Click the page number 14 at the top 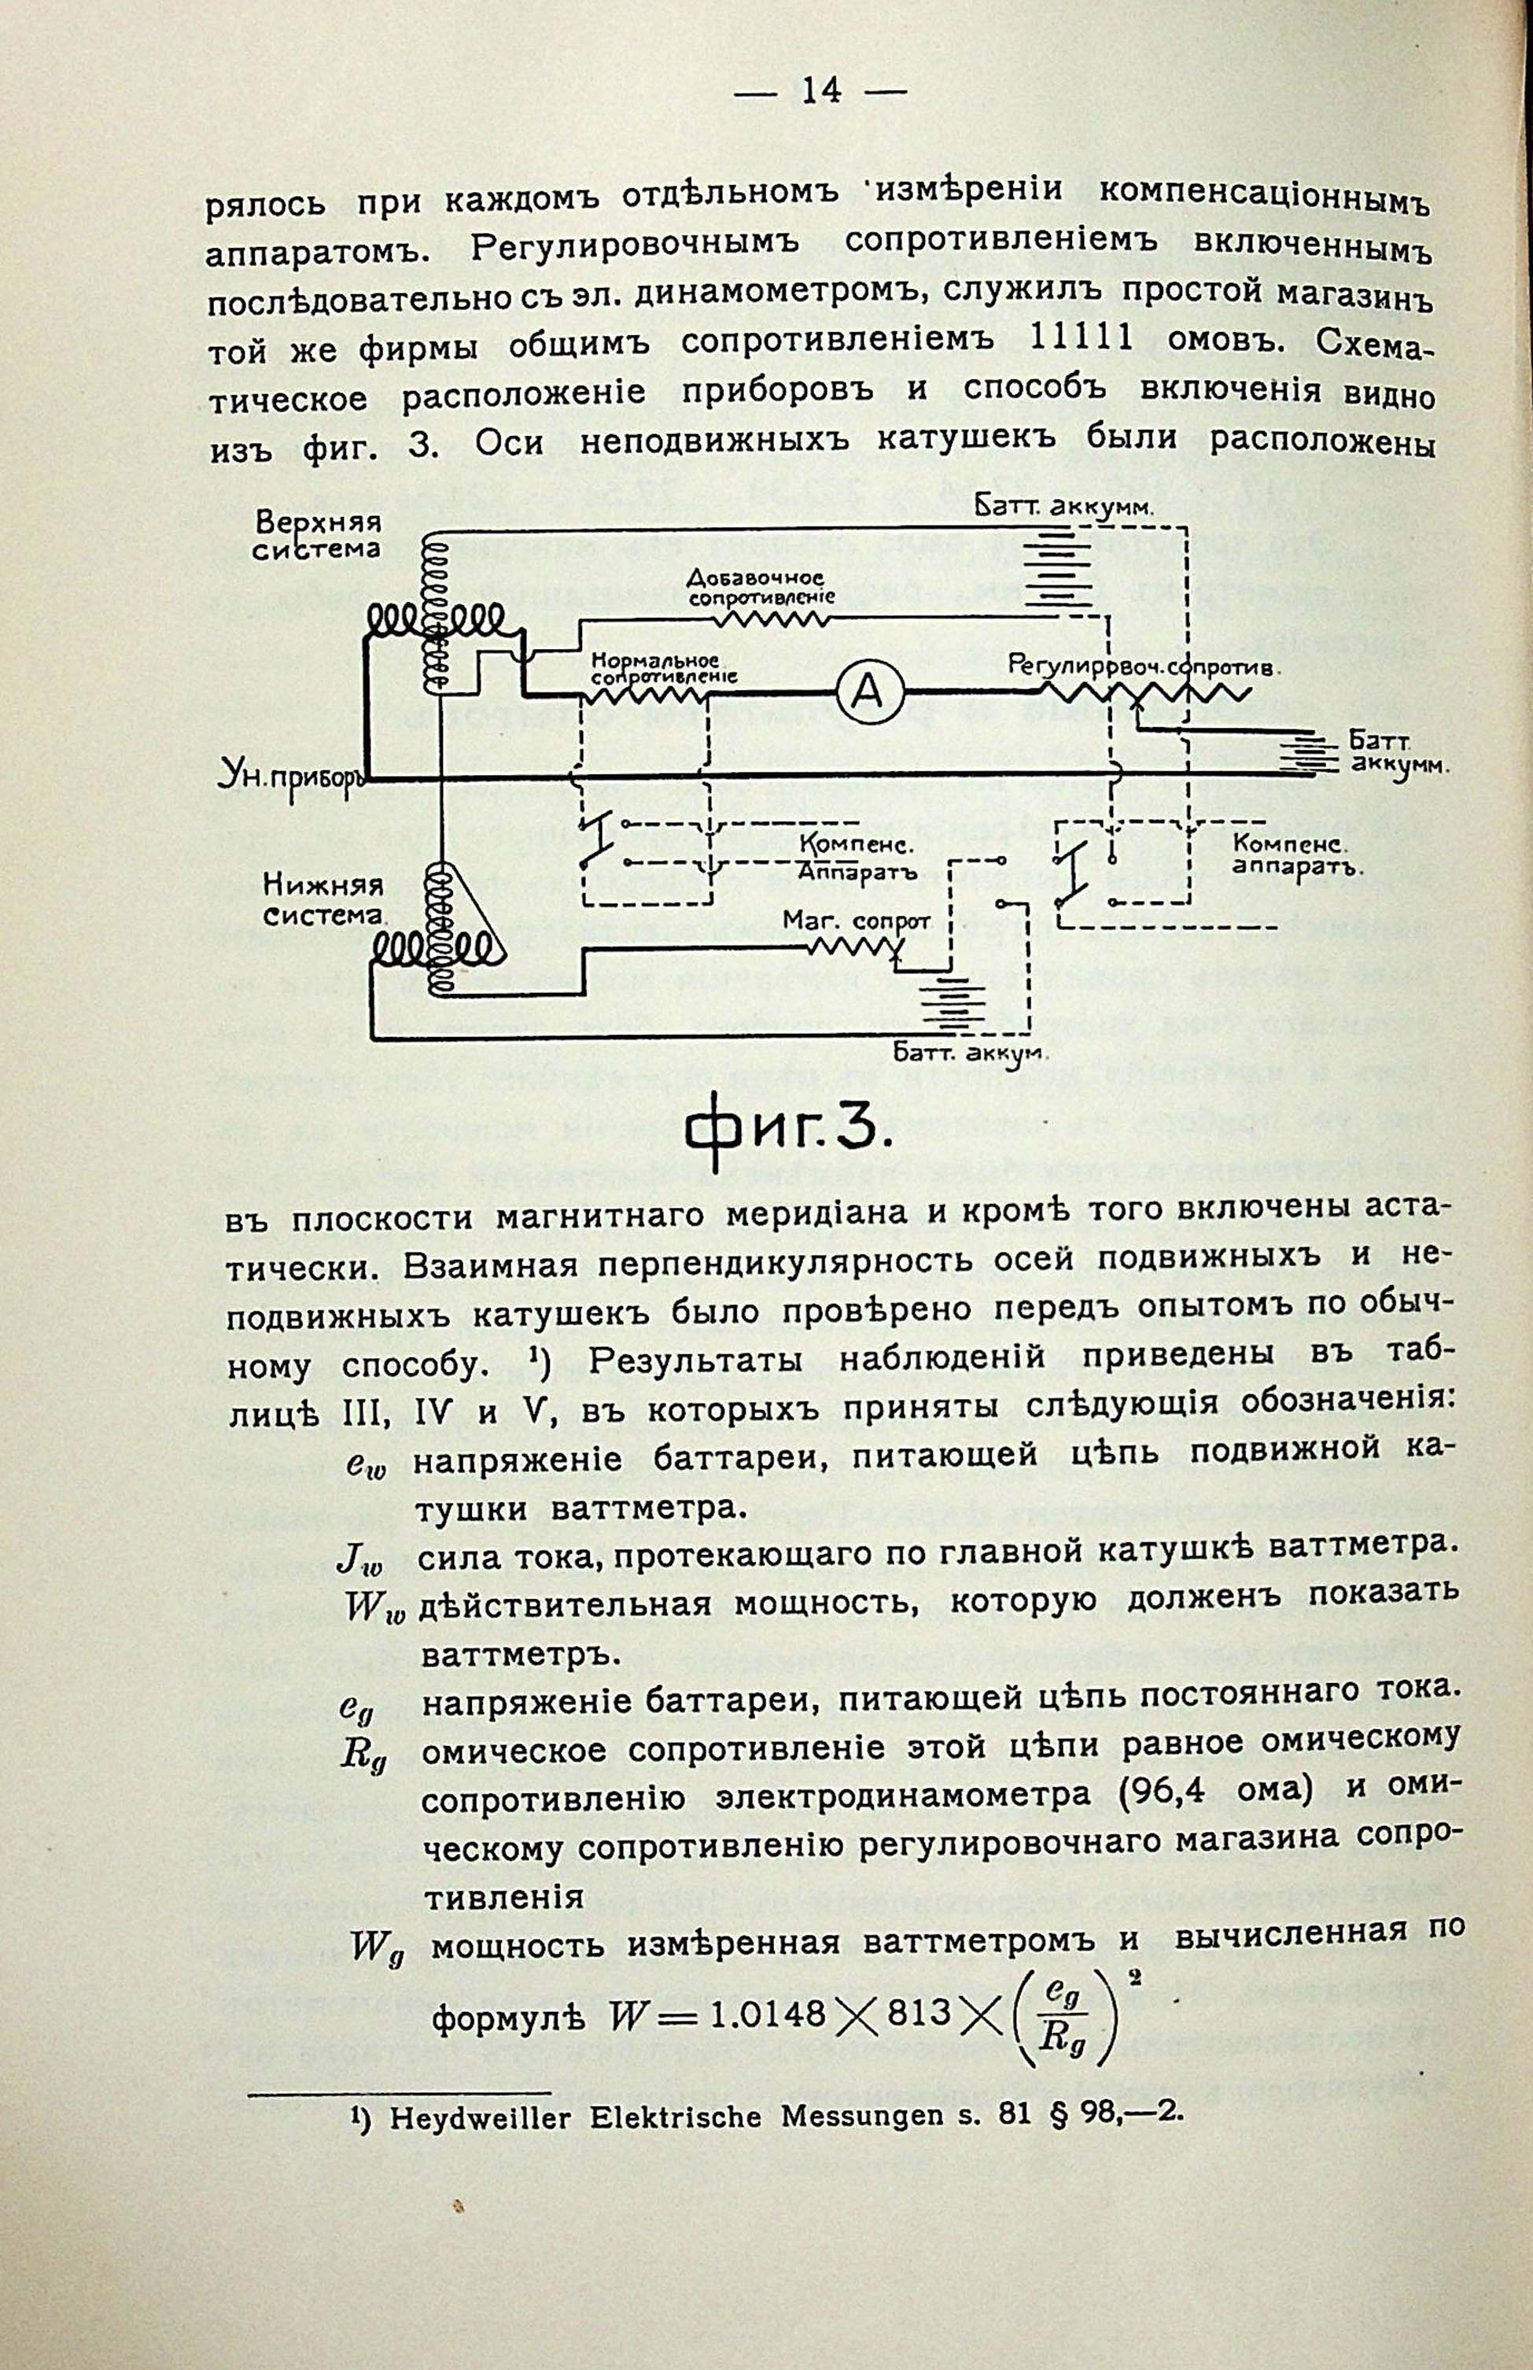coord(821,91)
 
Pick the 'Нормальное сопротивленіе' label coord(662,668)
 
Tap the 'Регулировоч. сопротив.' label coord(1142,663)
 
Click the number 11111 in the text coord(1079,338)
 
